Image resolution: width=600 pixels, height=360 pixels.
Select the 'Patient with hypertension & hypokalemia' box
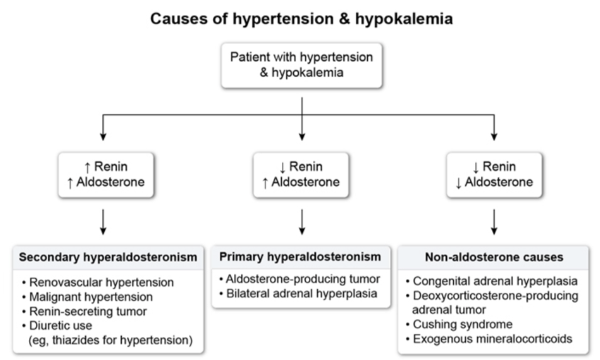pyautogui.click(x=301, y=65)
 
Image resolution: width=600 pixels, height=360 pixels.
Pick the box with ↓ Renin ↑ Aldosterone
pyautogui.click(x=301, y=174)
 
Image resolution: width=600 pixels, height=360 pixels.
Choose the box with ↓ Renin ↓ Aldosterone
pyautogui.click(x=495, y=174)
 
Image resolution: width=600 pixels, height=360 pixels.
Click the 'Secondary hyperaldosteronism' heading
pyautogui.click(x=108, y=257)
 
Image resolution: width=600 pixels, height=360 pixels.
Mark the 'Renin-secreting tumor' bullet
pyautogui.click(x=88, y=311)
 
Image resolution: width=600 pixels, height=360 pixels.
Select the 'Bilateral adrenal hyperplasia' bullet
pyautogui.click(x=299, y=292)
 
